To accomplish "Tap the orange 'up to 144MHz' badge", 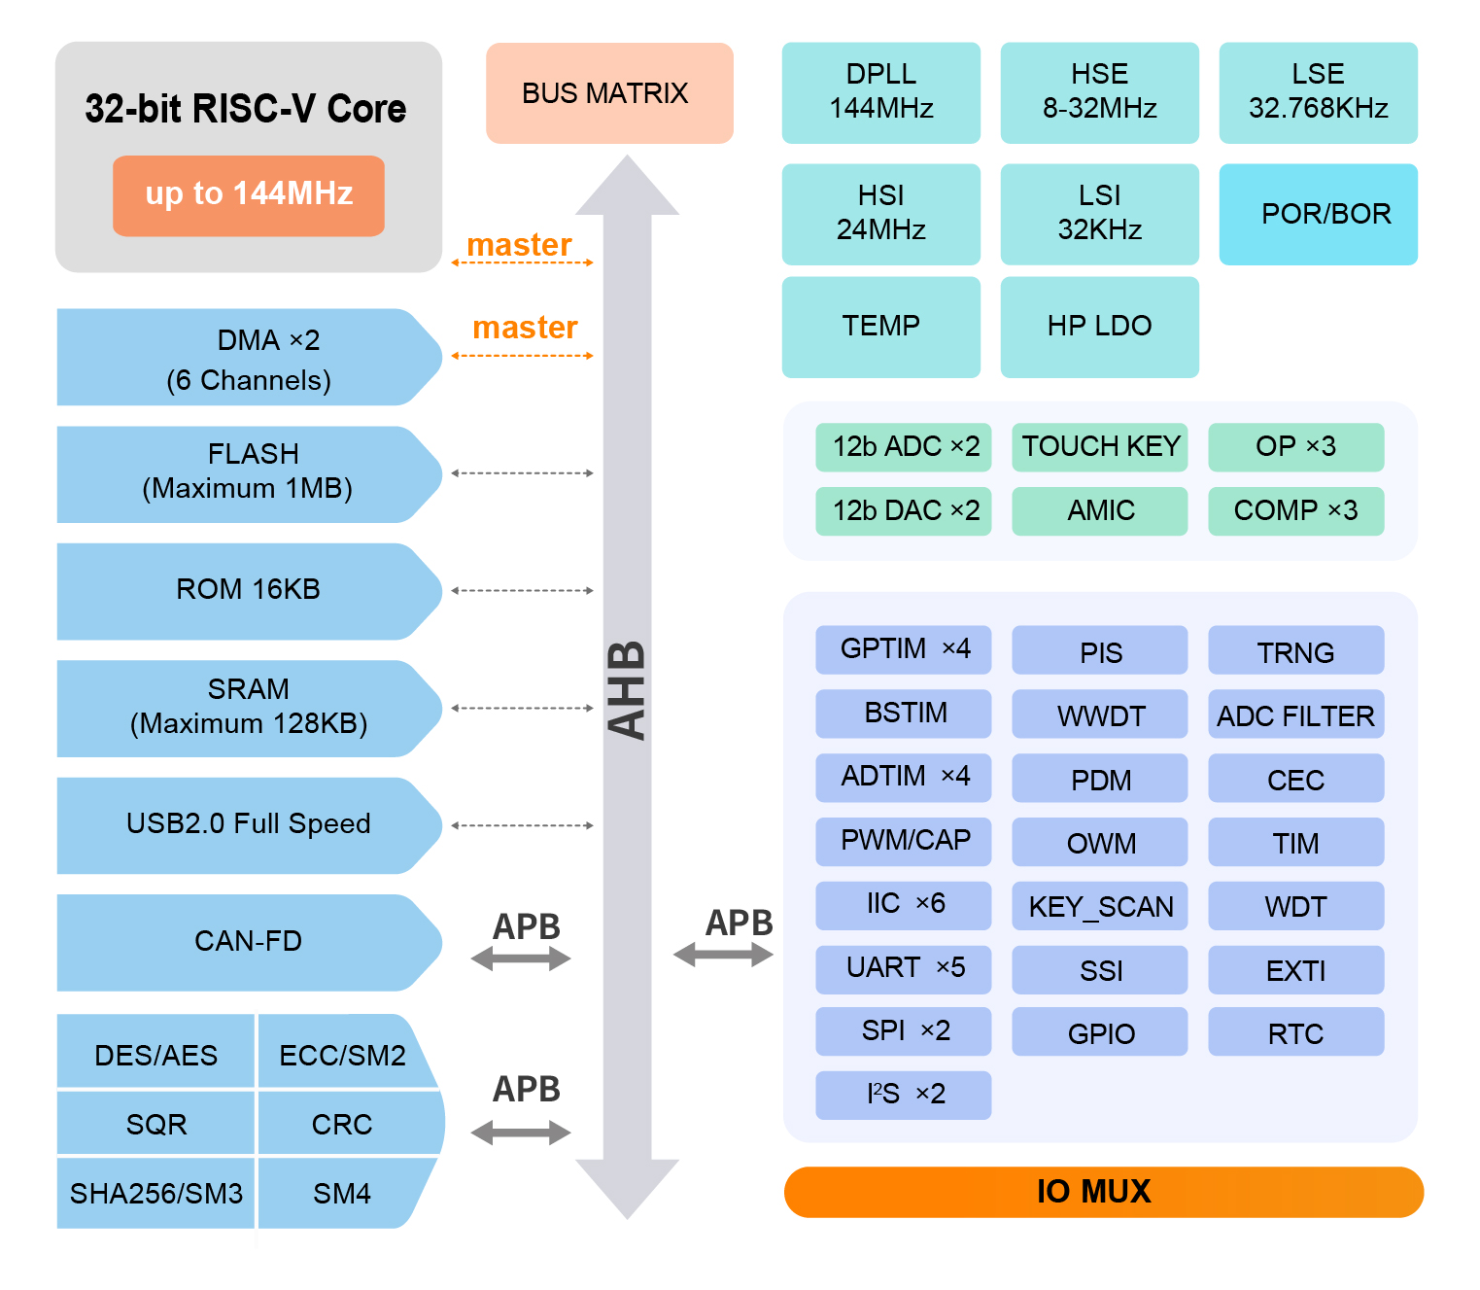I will tap(249, 195).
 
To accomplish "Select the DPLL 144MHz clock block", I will tap(880, 92).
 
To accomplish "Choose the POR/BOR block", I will tap(1318, 214).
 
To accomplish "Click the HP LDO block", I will tap(1099, 327).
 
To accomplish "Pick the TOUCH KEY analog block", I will tap(1099, 447).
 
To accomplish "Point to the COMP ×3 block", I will tap(1295, 511).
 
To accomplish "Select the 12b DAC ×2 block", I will tap(903, 511).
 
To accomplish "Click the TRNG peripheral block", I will tap(1295, 650).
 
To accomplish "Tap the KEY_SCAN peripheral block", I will tap(1099, 906).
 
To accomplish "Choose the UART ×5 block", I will tap(903, 969).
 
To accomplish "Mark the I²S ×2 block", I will tap(903, 1096).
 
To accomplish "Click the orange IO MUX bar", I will tap(1103, 1192).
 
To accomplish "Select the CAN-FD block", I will tap(249, 942).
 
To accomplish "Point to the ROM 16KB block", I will tap(249, 591).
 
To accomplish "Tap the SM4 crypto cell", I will tap(342, 1194).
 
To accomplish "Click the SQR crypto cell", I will tap(155, 1125).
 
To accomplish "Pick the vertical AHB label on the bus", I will tap(628, 690).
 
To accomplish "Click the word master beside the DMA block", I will tap(525, 328).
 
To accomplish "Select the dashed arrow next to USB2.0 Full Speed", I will tap(523, 825).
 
